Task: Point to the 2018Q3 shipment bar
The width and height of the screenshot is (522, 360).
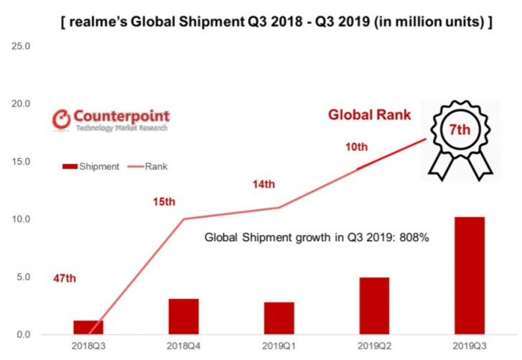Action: pos(88,327)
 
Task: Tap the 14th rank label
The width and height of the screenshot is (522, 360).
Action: pos(263,185)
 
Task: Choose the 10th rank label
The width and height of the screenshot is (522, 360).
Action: pos(356,147)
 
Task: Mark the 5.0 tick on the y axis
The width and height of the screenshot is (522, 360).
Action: pos(21,277)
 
